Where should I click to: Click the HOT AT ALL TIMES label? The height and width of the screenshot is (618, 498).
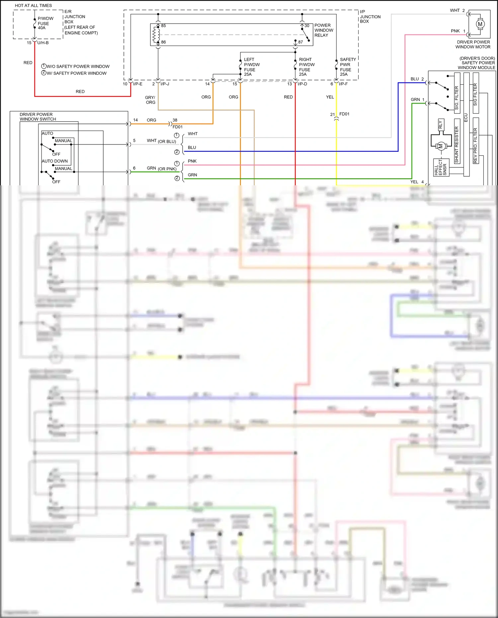[33, 6]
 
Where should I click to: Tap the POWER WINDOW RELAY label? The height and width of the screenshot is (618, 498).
[323, 30]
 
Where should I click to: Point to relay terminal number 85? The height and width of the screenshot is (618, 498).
[163, 26]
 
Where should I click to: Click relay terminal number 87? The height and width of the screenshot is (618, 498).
[300, 42]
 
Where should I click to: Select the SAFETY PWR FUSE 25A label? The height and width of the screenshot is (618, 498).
[347, 67]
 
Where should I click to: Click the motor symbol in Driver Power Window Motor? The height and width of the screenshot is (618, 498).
[480, 24]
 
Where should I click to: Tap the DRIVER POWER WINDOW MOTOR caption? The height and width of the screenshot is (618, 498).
[473, 44]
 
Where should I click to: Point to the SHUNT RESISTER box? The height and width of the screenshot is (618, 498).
[457, 145]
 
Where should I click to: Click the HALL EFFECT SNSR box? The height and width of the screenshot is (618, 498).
[441, 168]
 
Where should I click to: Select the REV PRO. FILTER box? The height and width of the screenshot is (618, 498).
[475, 145]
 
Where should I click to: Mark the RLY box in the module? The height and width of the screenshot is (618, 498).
[441, 125]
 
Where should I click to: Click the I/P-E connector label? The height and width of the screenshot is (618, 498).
[137, 84]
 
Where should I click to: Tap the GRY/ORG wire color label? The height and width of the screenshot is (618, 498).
[150, 100]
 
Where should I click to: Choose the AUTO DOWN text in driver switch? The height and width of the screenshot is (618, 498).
[55, 161]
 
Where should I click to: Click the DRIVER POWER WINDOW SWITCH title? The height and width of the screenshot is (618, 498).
[38, 117]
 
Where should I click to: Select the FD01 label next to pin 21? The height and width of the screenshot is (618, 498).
[344, 114]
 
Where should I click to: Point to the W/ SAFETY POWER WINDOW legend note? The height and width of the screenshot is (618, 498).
[76, 73]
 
